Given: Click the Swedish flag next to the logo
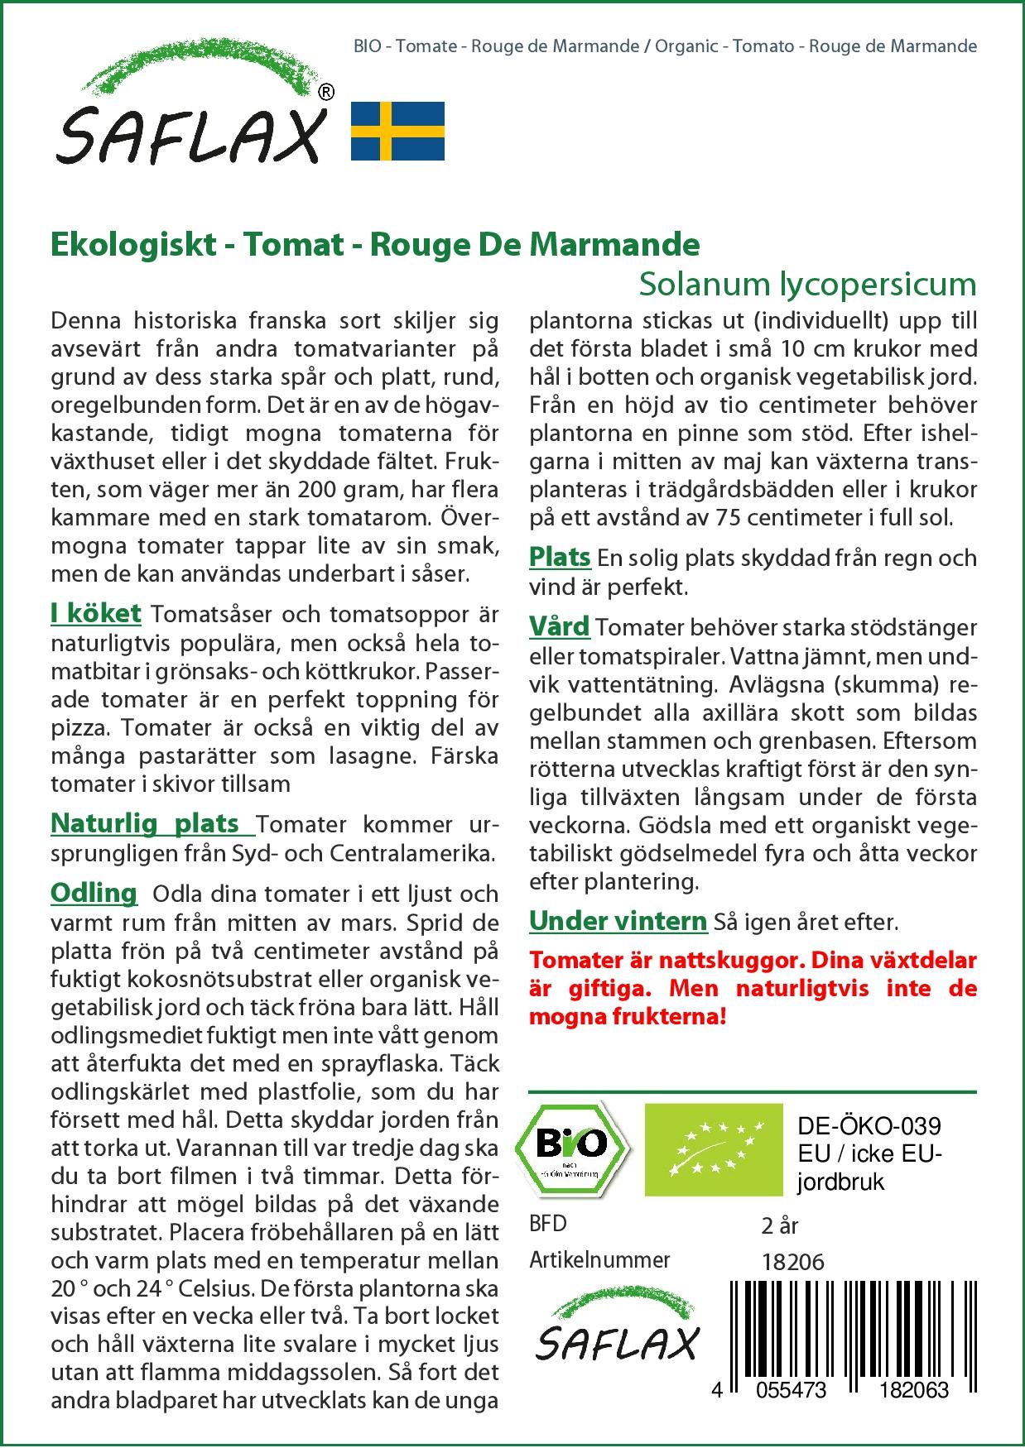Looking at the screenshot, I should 397,131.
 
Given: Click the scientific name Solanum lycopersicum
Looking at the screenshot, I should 807,284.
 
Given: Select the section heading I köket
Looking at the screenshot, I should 96,613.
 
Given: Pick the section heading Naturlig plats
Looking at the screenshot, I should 146,823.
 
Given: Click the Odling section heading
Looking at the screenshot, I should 94,893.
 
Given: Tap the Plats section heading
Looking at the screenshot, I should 560,557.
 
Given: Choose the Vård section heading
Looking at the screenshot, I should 559,626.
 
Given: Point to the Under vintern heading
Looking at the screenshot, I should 618,920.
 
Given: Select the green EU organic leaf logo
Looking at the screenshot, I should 713,1148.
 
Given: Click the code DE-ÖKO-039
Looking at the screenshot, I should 869,1126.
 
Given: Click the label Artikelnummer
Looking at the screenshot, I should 599,1260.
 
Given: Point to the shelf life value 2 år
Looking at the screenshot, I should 779,1225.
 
